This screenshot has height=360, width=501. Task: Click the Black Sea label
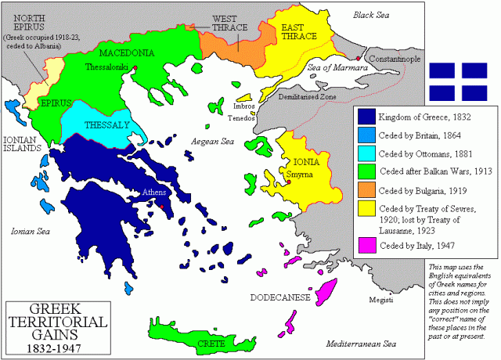(376, 15)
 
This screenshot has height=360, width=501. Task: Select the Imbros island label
(244, 103)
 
